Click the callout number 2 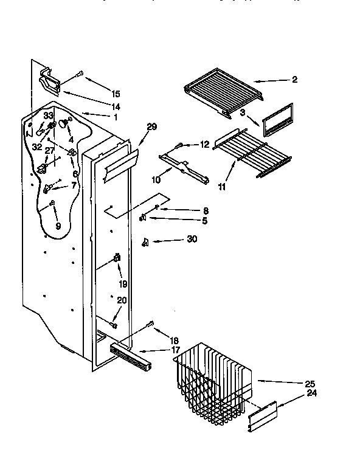pos(294,80)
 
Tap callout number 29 pos(151,126)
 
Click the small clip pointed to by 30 pos(145,242)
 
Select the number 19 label pos(122,283)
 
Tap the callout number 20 pos(122,299)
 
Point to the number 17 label pos(175,350)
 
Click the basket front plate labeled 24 pos(263,418)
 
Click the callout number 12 pos(204,145)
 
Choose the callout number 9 pos(58,226)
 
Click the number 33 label pos(49,116)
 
